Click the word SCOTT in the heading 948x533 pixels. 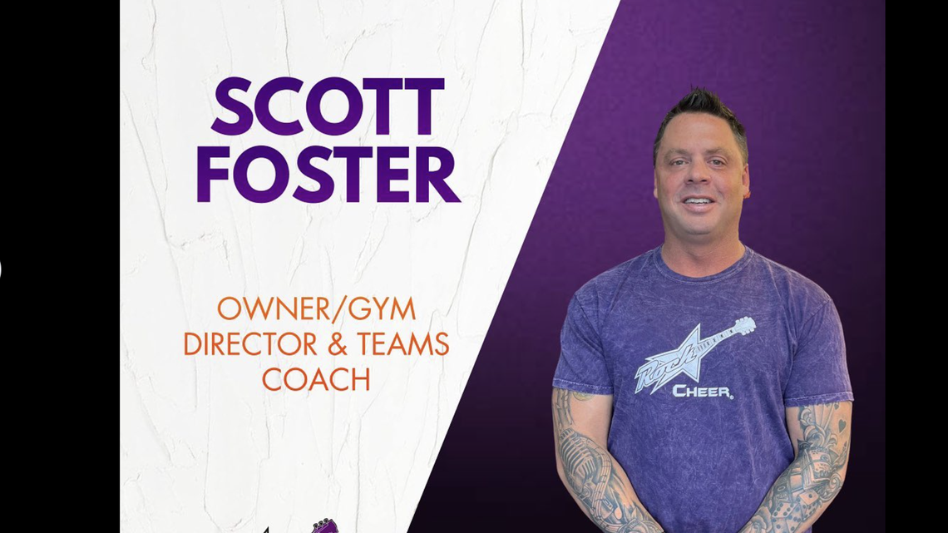(327, 106)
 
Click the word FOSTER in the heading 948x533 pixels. (327, 175)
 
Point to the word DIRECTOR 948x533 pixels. (249, 343)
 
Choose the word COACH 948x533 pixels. (316, 379)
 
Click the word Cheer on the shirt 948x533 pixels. (702, 391)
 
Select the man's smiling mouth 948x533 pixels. (699, 201)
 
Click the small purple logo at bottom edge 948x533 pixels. (323, 526)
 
